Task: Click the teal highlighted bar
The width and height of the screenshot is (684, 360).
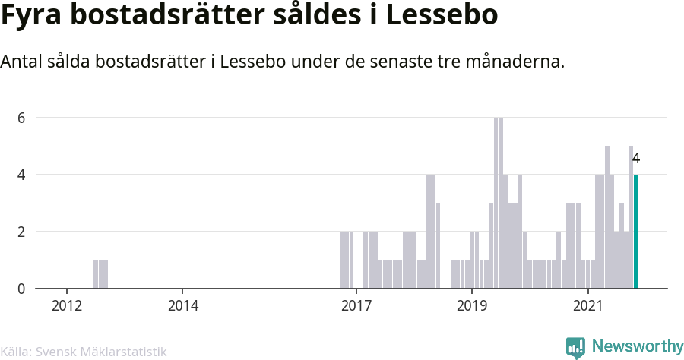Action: point(636,232)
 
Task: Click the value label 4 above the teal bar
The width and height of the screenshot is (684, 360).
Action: point(636,159)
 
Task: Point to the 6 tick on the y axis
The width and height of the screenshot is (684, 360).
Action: point(22,118)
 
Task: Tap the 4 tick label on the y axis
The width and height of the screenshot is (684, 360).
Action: point(22,175)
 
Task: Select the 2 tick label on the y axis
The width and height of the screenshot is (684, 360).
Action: point(22,232)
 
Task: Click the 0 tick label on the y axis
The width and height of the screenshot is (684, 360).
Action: point(22,289)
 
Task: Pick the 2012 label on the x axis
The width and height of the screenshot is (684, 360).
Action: point(67,306)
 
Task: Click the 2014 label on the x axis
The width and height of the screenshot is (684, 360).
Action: point(182,306)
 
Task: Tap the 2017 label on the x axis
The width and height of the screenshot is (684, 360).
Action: point(356,306)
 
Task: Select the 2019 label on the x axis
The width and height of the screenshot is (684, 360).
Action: point(471,306)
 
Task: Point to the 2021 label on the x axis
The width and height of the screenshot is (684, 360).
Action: point(587,306)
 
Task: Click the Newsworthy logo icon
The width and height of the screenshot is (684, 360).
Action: point(575,348)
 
